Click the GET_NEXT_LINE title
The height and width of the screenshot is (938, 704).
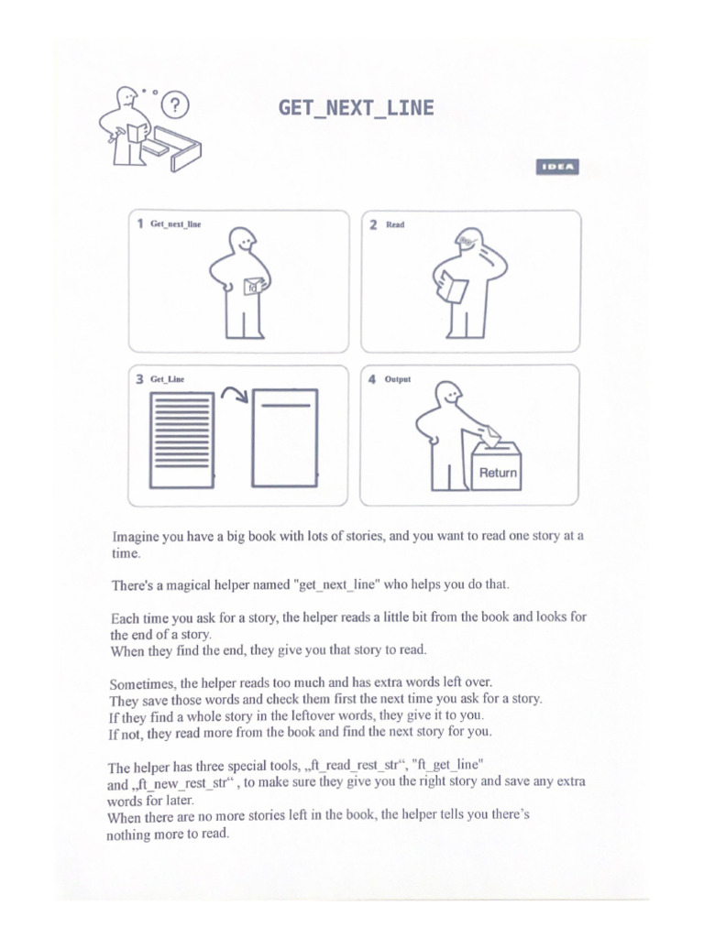[356, 109]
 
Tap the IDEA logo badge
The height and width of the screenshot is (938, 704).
[557, 167]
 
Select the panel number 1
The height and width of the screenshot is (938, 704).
[140, 224]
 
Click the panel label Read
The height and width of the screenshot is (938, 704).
[395, 224]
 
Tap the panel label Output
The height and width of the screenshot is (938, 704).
[398, 378]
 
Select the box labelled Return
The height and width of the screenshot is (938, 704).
[496, 467]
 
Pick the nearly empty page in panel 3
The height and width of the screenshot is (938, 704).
[285, 438]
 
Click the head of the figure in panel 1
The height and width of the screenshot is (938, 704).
[243, 240]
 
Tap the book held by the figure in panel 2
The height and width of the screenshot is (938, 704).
[453, 289]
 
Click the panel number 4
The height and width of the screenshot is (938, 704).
[372, 379]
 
